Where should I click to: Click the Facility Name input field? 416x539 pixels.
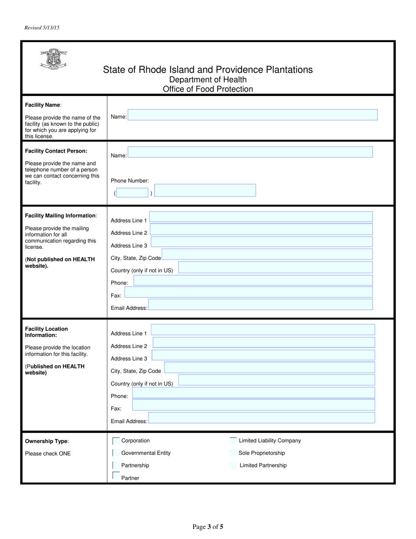pyautogui.click(x=252, y=115)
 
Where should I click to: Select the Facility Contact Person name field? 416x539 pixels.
pyautogui.click(x=250, y=152)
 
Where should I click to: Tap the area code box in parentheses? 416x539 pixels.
pyautogui.click(x=133, y=193)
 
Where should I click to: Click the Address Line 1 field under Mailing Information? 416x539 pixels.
pyautogui.click(x=261, y=217)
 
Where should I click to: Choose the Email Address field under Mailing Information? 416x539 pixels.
pyautogui.click(x=261, y=305)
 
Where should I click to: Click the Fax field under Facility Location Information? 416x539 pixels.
pyautogui.click(x=254, y=405)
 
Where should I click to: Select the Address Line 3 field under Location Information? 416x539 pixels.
pyautogui.click(x=263, y=355)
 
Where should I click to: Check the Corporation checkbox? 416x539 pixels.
pyautogui.click(x=116, y=441)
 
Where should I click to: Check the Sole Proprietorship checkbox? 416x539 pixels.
pyautogui.click(x=233, y=453)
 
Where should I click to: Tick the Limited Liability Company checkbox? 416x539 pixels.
pyautogui.click(x=233, y=441)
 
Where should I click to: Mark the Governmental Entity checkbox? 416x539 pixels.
pyautogui.click(x=116, y=453)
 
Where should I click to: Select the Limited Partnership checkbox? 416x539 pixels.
pyautogui.click(x=233, y=465)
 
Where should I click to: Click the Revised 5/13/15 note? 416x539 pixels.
pyautogui.click(x=42, y=28)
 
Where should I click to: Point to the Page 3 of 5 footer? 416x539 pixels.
pyautogui.click(x=208, y=527)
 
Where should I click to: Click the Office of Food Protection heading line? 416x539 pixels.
pyautogui.click(x=208, y=89)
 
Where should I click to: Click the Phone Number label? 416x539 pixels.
pyautogui.click(x=130, y=181)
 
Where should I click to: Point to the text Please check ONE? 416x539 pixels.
pyautogui.click(x=48, y=454)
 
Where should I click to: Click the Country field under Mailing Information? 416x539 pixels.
pyautogui.click(x=275, y=267)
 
